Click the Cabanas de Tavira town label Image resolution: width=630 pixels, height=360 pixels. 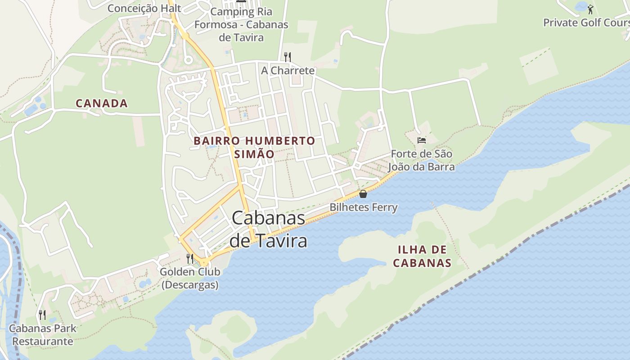pyautogui.click(x=269, y=229)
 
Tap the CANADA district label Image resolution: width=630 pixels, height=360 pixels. pyautogui.click(x=102, y=103)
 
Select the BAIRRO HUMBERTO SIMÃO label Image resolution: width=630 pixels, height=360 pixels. pyautogui.click(x=254, y=147)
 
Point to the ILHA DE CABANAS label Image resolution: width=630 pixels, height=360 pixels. pyautogui.click(x=422, y=256)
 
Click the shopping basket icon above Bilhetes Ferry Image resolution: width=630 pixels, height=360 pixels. pyautogui.click(x=363, y=194)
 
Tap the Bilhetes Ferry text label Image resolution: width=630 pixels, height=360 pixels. pyautogui.click(x=364, y=207)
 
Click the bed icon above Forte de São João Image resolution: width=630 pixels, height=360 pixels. pyautogui.click(x=422, y=140)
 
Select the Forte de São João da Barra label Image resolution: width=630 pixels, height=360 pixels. pyautogui.click(x=422, y=160)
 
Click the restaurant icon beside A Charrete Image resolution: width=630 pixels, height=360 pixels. pyautogui.click(x=288, y=57)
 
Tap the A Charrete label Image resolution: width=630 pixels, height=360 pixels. pyautogui.click(x=288, y=71)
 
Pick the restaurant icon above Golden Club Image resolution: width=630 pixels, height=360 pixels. pyautogui.click(x=190, y=258)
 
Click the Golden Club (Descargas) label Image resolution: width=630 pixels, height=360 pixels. pyautogui.click(x=190, y=278)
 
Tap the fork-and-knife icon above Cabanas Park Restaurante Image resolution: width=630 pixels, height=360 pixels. pyautogui.click(x=42, y=315)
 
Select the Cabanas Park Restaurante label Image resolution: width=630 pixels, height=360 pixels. pyautogui.click(x=43, y=334)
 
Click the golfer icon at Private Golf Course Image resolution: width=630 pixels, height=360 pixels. pyautogui.click(x=590, y=9)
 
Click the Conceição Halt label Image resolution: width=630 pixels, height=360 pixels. pyautogui.click(x=144, y=8)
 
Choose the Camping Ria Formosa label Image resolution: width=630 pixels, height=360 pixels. pyautogui.click(x=241, y=24)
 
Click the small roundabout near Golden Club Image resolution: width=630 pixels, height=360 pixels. pyautogui.click(x=204, y=262)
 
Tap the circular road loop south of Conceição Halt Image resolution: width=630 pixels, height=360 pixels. pyautogui.click(x=188, y=59)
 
